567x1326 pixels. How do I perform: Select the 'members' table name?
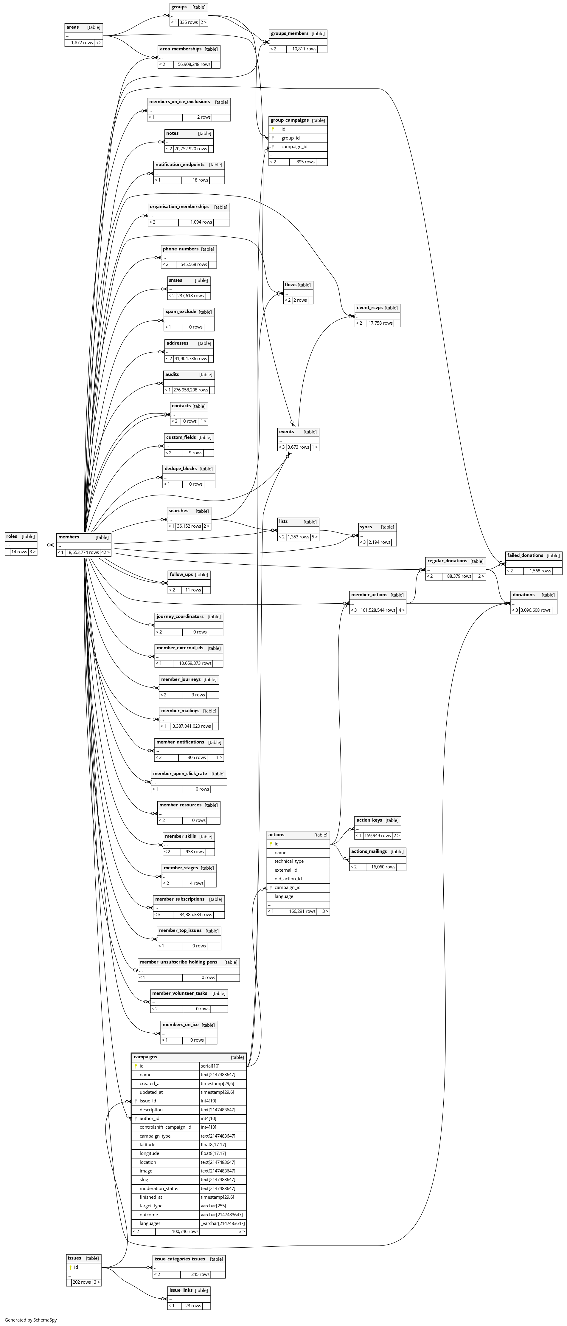(69, 537)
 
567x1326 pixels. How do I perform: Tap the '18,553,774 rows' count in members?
(82, 552)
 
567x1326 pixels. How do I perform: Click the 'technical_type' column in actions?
(289, 861)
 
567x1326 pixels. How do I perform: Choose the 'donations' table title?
(523, 594)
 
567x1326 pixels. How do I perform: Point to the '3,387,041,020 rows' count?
(191, 726)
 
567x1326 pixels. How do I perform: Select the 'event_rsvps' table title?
(369, 308)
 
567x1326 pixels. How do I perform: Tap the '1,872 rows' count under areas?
(82, 43)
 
